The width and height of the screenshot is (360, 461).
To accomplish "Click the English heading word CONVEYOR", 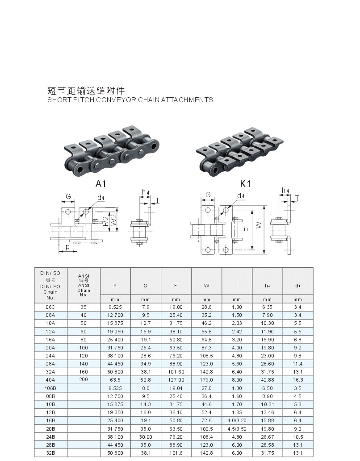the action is (x=116, y=100).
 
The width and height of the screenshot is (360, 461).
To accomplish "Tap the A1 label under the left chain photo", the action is (x=100, y=184).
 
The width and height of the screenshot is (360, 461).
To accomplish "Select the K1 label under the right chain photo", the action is (x=245, y=184).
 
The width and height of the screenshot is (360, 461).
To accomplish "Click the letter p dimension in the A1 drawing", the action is (x=67, y=247).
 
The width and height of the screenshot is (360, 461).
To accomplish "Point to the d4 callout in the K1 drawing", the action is (x=241, y=196).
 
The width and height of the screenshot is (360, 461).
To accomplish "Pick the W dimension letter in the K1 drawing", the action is (x=259, y=225).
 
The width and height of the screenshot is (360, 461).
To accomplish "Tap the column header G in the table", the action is (x=146, y=286).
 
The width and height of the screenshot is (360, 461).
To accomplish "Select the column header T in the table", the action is (x=237, y=286).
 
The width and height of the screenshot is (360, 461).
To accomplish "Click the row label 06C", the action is (x=50, y=307).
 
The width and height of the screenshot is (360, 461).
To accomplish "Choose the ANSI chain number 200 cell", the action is (x=84, y=380).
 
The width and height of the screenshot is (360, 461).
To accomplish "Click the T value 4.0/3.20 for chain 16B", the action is (x=237, y=420).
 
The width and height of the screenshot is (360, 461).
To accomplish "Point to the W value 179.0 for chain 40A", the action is (x=206, y=380).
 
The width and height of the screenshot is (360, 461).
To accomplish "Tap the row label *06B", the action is (x=50, y=388).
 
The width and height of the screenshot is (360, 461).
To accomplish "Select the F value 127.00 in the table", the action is (x=176, y=380).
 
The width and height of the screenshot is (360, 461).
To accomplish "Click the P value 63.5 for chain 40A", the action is (x=115, y=380).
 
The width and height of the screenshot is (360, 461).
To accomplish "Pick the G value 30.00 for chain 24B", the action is (x=146, y=437).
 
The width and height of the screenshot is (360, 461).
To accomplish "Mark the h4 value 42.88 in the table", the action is (x=267, y=380).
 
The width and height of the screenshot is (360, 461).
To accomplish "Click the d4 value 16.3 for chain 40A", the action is (x=297, y=380).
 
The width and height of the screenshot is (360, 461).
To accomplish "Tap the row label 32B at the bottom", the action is (x=50, y=453).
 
